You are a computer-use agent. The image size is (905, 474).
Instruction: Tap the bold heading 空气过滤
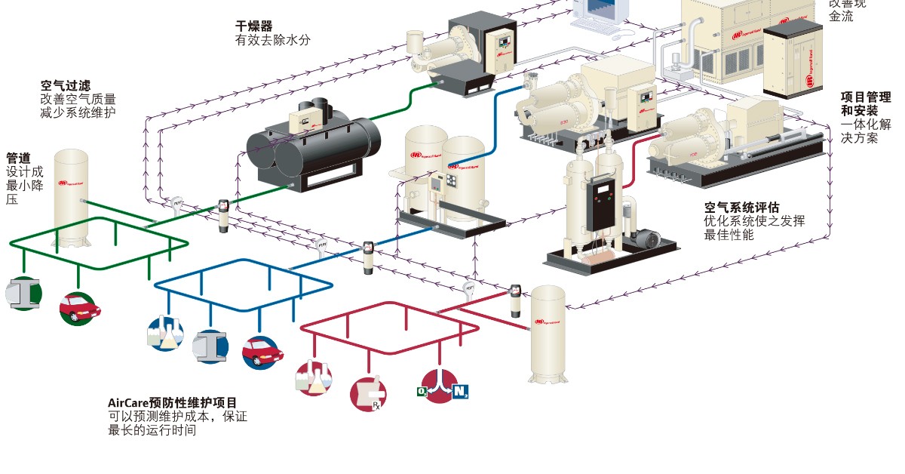(66, 85)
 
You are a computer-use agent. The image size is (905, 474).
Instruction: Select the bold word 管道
(18, 159)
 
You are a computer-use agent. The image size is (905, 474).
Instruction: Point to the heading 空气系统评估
(741, 208)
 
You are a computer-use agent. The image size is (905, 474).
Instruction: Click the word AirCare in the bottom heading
(129, 403)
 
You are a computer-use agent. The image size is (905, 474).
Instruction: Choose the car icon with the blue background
(262, 352)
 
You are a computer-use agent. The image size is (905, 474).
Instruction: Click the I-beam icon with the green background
(24, 294)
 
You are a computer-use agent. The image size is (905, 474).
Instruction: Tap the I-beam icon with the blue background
(211, 346)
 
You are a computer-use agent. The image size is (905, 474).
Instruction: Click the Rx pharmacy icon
(368, 393)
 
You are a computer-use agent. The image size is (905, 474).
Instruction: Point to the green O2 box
(422, 391)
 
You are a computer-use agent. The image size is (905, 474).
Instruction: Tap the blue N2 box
(461, 391)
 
